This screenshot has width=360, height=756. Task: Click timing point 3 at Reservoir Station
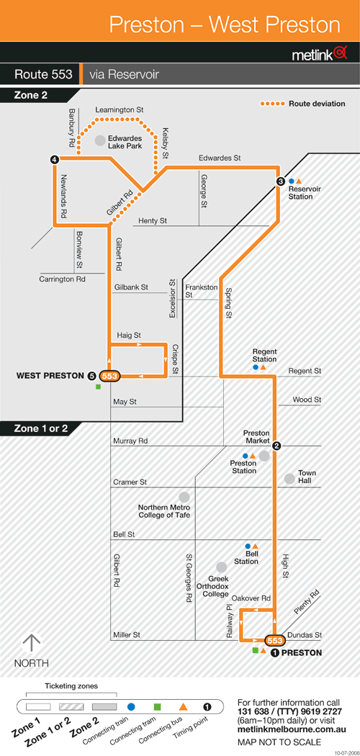tap(281, 181)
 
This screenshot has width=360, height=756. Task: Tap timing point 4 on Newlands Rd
tap(55, 159)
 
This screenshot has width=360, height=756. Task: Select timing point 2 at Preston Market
tap(276, 446)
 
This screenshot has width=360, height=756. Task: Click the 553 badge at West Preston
tap(110, 376)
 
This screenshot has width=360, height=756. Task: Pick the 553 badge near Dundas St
tap(274, 640)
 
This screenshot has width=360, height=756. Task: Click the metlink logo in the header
tap(320, 54)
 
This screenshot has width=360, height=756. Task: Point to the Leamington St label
tap(120, 110)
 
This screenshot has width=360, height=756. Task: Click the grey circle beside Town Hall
tap(289, 479)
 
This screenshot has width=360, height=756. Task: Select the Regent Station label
tap(264, 356)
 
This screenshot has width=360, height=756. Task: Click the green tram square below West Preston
tap(99, 387)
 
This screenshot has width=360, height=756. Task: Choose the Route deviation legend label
tap(317, 104)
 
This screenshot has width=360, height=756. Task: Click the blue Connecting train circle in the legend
tap(131, 707)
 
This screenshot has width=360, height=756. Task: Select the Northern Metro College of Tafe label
tap(164, 511)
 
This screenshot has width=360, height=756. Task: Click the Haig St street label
tap(129, 335)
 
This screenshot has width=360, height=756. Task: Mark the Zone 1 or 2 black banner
tap(39, 428)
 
